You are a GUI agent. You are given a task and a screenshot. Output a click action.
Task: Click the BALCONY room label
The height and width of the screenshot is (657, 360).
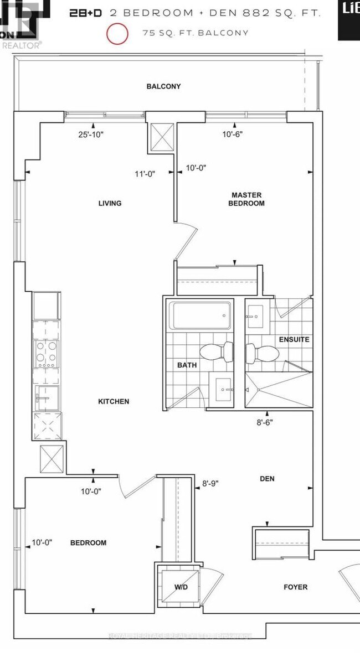click(163, 86)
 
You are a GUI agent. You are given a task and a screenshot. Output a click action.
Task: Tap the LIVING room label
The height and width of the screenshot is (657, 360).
click(110, 203)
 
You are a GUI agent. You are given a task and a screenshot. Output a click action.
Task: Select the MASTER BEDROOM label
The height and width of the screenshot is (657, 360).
click(248, 199)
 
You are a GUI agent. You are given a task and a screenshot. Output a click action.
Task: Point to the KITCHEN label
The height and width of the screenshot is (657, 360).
click(114, 401)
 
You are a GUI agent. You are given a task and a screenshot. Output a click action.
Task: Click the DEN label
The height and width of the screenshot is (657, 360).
click(267, 479)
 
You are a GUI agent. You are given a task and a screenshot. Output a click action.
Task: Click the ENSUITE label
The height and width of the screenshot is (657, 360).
click(294, 339)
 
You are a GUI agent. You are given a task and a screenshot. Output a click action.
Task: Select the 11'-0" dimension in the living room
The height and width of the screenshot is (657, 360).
click(145, 173)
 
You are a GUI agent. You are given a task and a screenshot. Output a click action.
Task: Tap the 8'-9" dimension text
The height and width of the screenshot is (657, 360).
click(210, 483)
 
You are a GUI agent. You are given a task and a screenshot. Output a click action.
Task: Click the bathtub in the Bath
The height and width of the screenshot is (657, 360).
click(200, 316)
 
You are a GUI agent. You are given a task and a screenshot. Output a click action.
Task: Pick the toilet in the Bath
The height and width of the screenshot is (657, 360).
click(216, 351)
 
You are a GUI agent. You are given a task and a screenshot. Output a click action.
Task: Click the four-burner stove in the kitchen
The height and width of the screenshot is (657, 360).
click(45, 354)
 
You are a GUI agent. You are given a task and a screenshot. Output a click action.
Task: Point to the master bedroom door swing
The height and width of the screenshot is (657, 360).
click(186, 241)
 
